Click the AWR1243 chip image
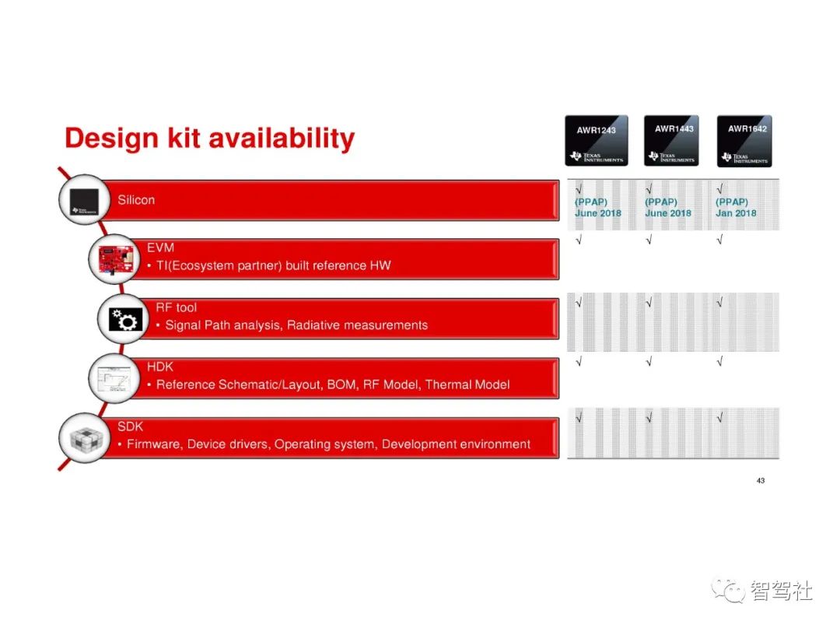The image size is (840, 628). click(597, 140)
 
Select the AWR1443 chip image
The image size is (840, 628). click(671, 140)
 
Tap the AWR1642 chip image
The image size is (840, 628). click(744, 141)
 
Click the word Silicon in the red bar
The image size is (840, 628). click(136, 200)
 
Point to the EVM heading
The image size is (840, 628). click(160, 247)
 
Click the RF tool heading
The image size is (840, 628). click(177, 307)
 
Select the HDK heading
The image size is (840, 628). click(159, 367)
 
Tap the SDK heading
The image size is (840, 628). click(130, 426)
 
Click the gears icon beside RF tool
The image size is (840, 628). click(125, 319)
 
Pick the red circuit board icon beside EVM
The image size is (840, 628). click(116, 259)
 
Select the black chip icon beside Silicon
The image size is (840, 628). click(85, 201)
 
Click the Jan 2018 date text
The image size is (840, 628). click(736, 213)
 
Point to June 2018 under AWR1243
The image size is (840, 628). click(598, 213)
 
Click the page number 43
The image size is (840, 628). click(760, 481)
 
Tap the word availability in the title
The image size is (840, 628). click(282, 139)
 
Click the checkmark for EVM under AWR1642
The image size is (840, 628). click(720, 240)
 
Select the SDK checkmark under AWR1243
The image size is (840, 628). click(579, 417)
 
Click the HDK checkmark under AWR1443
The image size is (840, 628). click(649, 362)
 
